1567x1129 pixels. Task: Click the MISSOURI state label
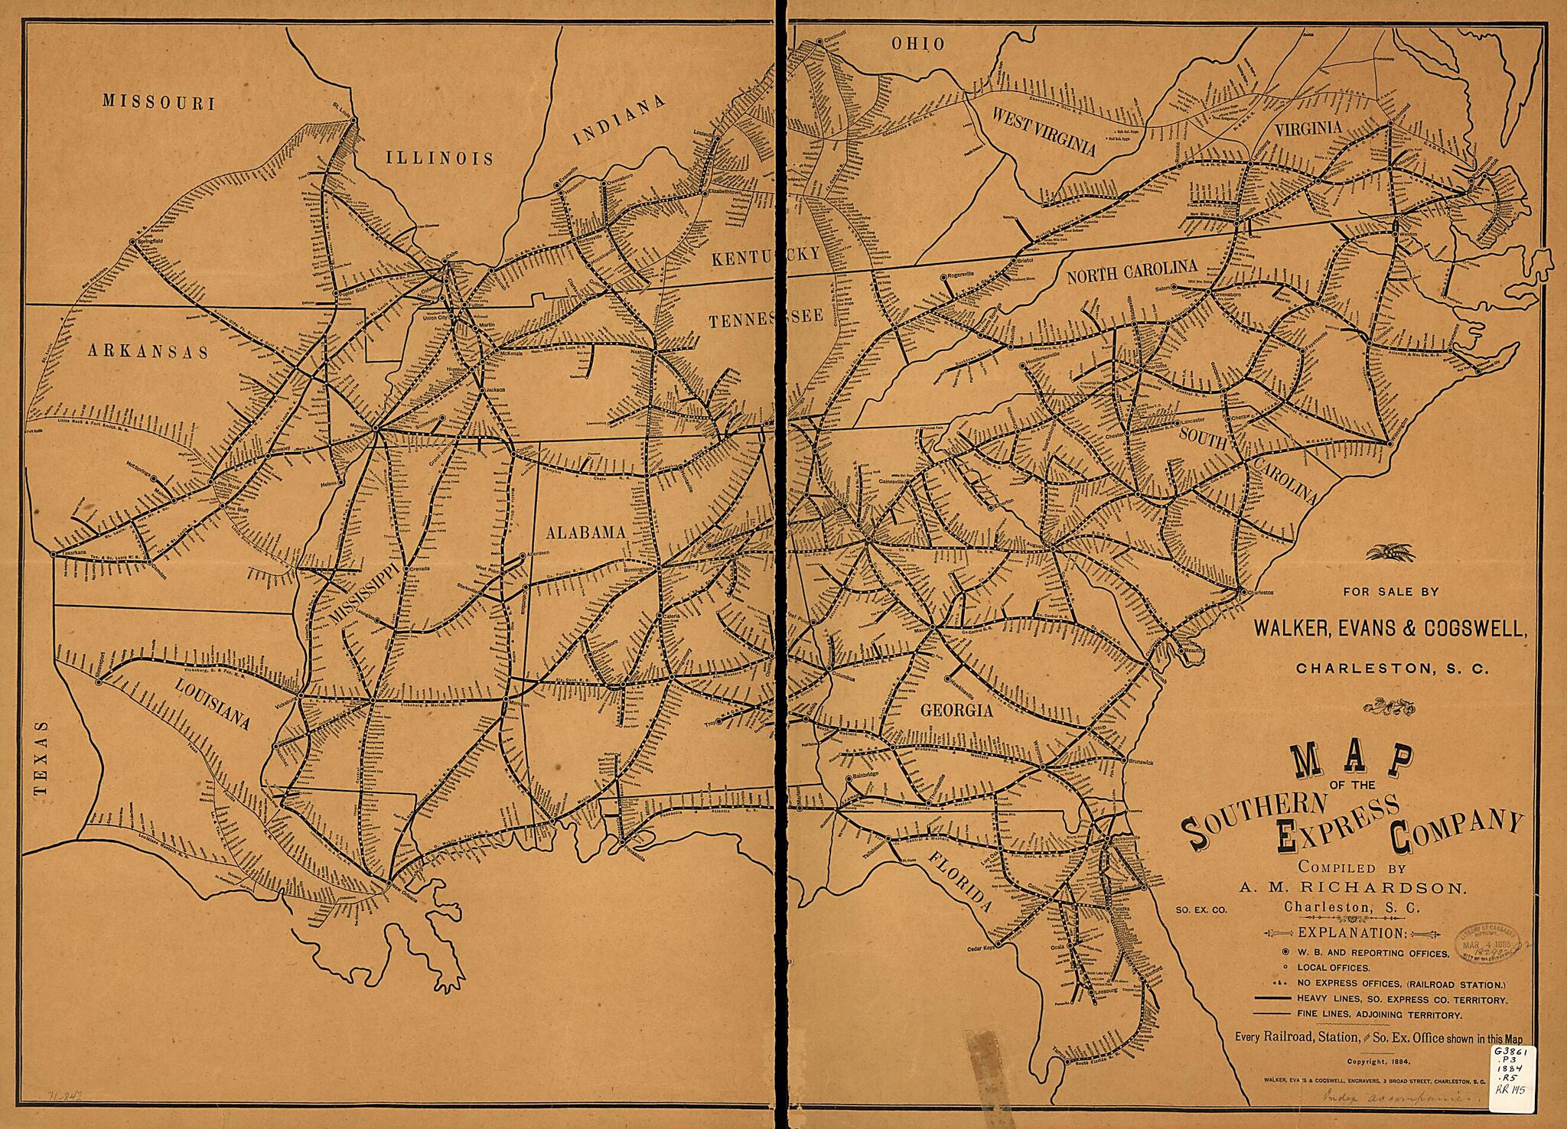[x=159, y=103]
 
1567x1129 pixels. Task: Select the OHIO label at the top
[x=918, y=44]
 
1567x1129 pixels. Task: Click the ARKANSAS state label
[x=148, y=350]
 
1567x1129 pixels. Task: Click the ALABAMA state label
[x=585, y=532]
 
